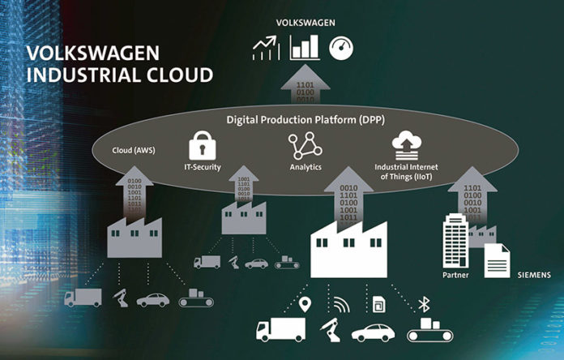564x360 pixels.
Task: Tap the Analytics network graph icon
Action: click(300, 146)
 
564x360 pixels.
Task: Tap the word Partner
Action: click(456, 275)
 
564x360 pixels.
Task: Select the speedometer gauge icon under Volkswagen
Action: click(340, 49)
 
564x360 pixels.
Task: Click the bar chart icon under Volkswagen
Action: click(305, 48)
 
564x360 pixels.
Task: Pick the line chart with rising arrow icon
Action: click(266, 49)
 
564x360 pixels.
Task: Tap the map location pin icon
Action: click(306, 306)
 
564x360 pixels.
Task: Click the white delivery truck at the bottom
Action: click(280, 329)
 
